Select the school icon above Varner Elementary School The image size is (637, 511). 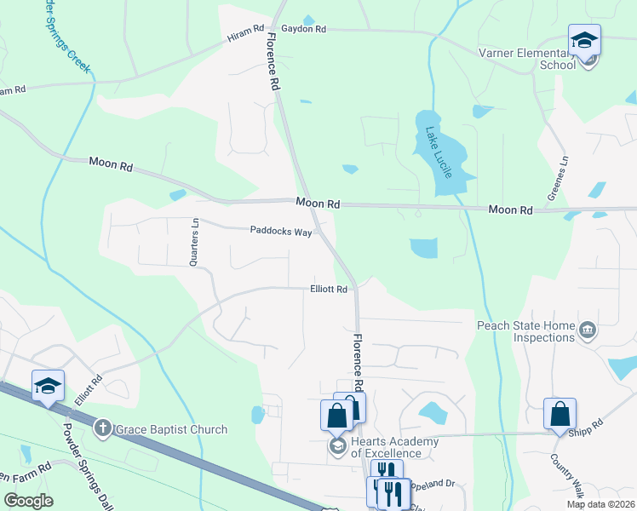pos(585,40)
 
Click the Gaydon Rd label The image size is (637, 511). pos(304,29)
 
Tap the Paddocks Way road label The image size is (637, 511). pos(280,230)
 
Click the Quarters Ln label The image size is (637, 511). pos(194,243)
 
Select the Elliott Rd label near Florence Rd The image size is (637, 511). pos(329,290)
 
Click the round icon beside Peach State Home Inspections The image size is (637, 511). pos(587,330)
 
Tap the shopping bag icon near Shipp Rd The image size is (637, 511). pos(560,414)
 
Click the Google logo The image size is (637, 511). pos(28,501)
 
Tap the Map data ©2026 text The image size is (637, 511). pos(600,504)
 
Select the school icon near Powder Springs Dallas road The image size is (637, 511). pos(49,386)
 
